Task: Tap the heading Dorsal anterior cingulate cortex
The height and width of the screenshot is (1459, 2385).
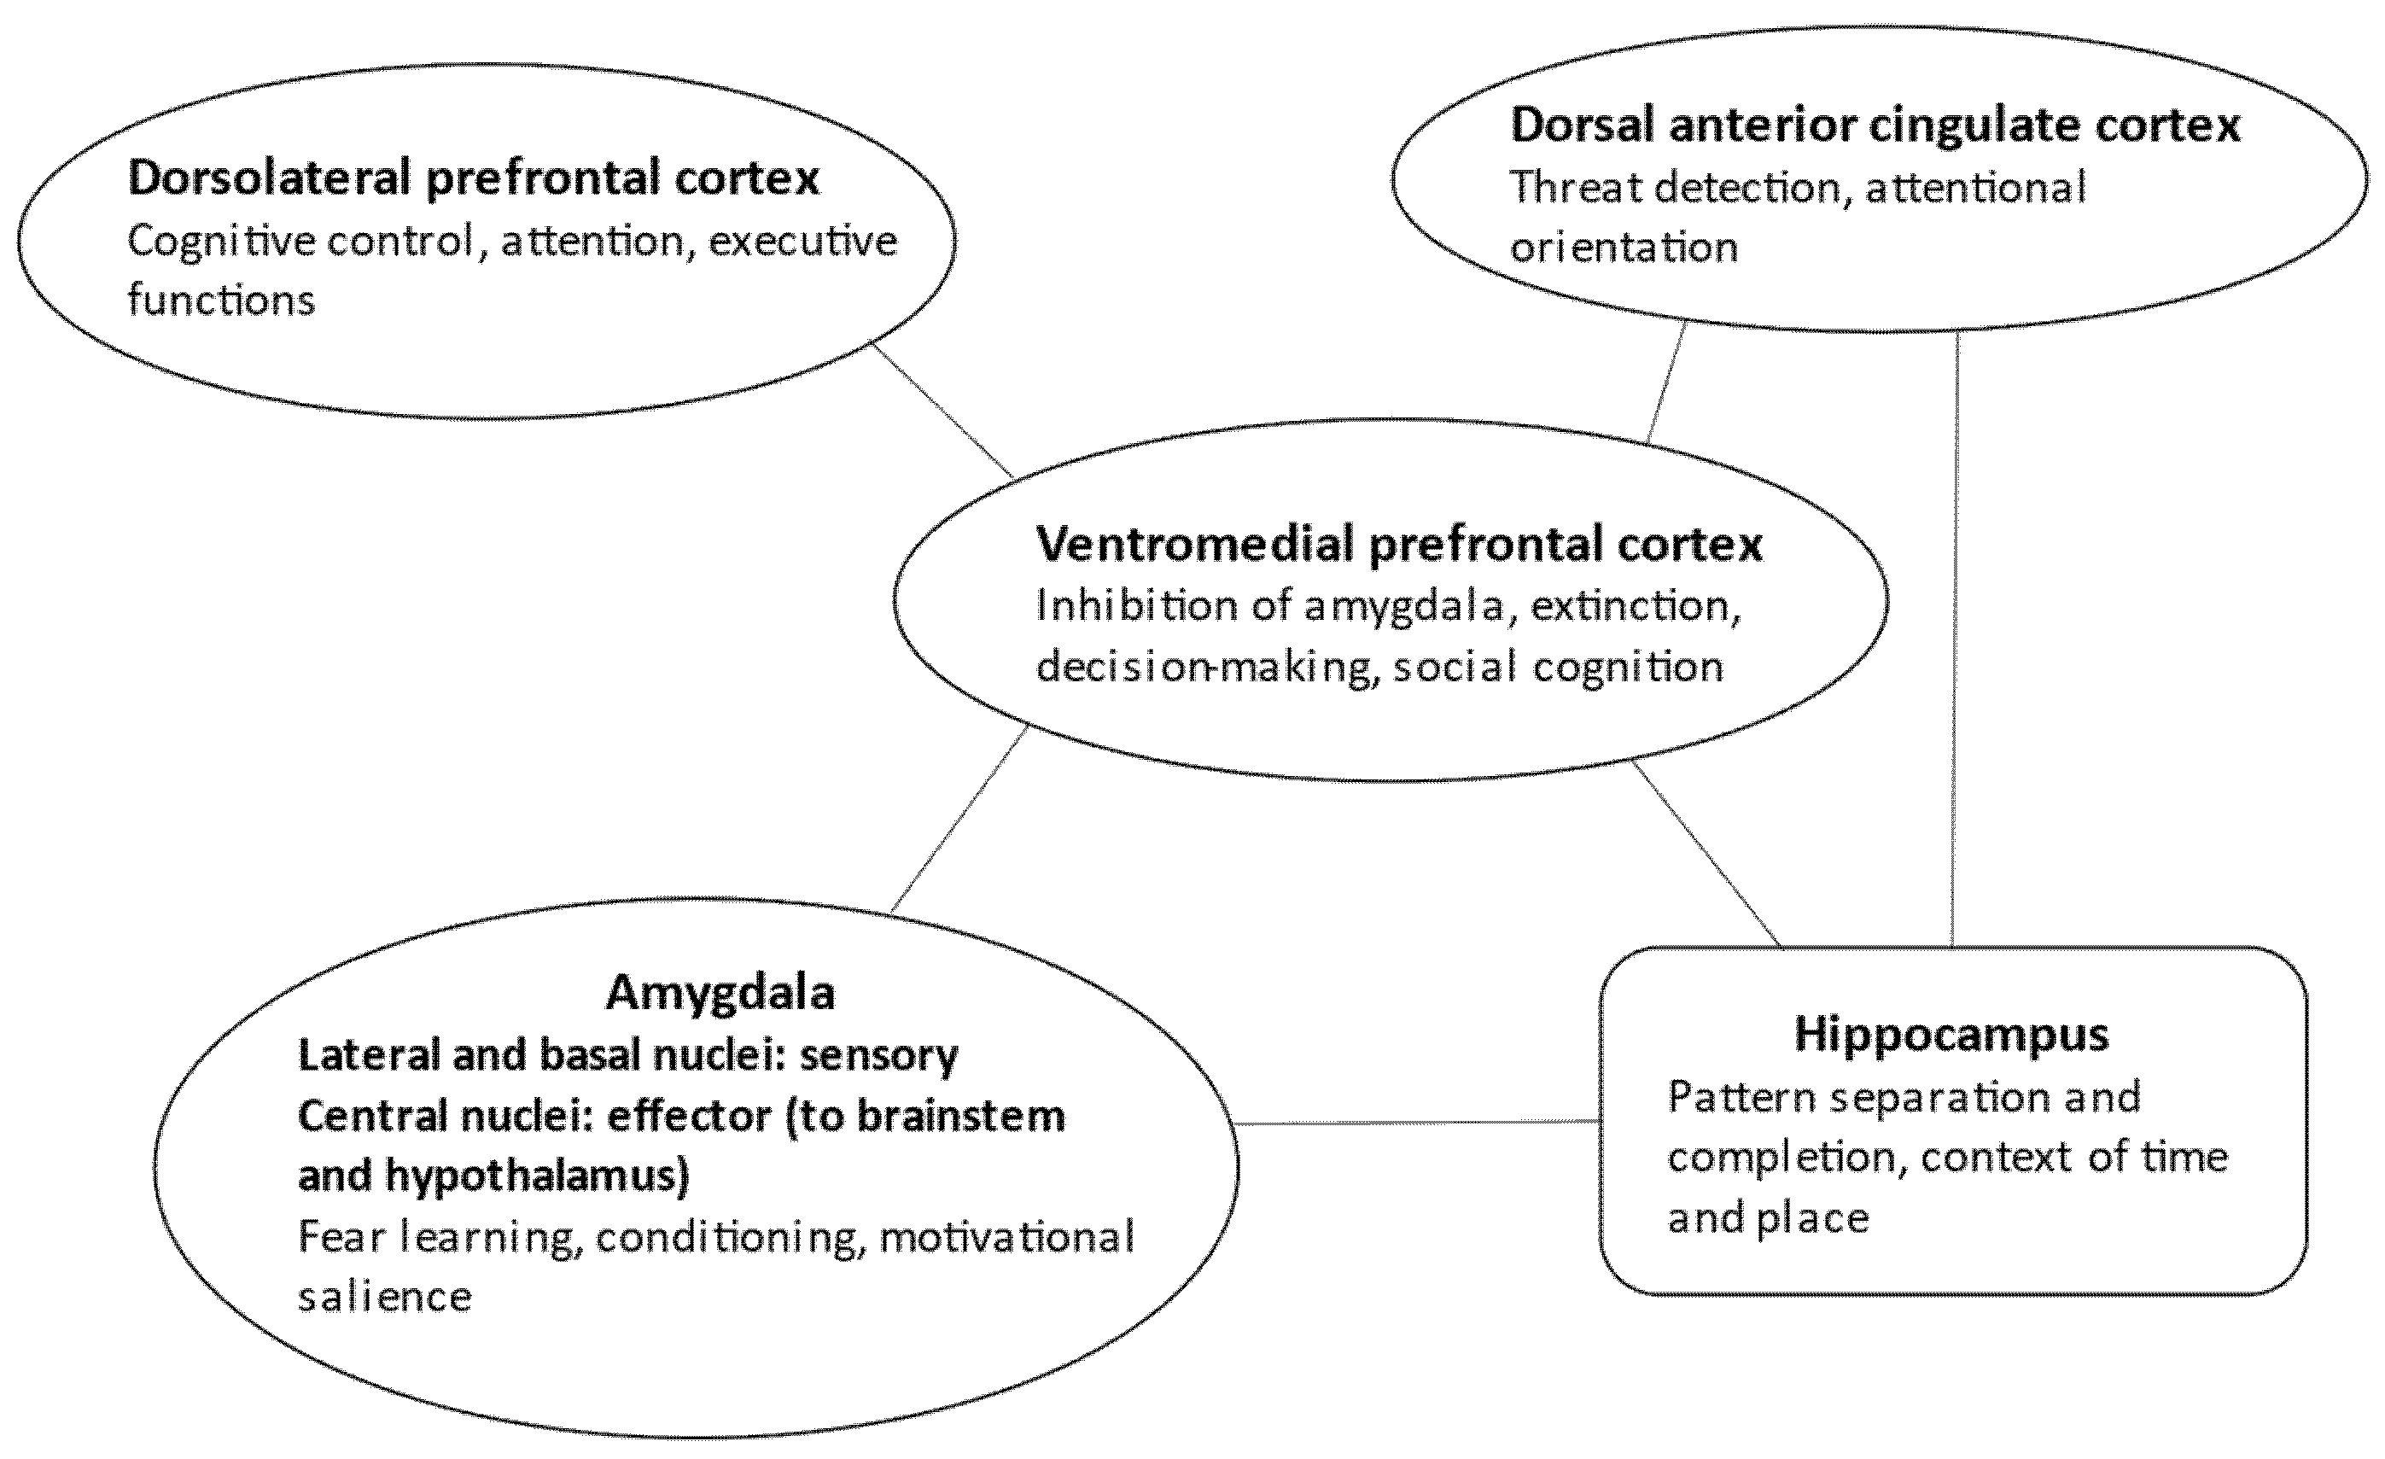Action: click(1875, 125)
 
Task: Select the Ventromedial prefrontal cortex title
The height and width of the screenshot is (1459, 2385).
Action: click(1399, 543)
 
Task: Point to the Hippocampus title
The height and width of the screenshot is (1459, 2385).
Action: click(1951, 1033)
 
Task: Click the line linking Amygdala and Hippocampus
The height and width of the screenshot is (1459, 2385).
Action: click(1418, 1123)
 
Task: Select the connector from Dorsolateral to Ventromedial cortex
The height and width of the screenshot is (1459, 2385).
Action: click(942, 411)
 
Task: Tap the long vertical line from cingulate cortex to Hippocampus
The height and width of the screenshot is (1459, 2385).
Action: click(1956, 639)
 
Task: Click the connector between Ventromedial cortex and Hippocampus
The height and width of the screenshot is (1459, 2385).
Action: click(1706, 854)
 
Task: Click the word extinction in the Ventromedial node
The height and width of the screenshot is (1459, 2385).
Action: click(1636, 606)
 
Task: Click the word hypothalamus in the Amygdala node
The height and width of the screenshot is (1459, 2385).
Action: click(536, 1176)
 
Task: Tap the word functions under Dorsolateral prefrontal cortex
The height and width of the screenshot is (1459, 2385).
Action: click(221, 301)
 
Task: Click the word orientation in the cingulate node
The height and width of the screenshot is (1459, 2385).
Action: click(1624, 248)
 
